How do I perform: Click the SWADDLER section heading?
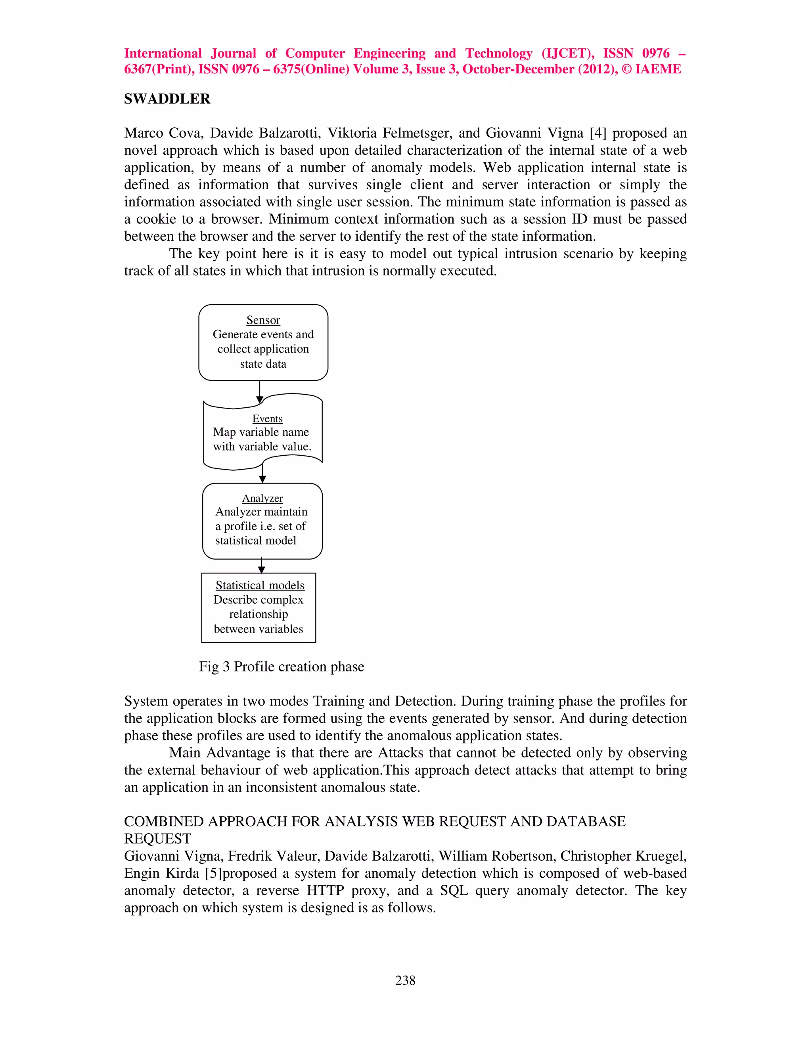point(167,99)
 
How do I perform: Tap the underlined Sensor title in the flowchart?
point(263,320)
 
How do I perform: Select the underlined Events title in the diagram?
point(268,419)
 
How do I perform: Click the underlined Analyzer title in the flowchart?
point(262,498)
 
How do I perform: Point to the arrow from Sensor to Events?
point(260,392)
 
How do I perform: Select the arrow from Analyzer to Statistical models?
point(261,566)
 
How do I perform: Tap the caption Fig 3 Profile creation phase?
point(282,667)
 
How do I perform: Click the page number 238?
point(405,980)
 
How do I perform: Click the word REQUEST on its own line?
point(158,839)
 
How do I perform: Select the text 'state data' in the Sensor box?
point(263,364)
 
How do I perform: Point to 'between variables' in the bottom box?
point(259,629)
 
